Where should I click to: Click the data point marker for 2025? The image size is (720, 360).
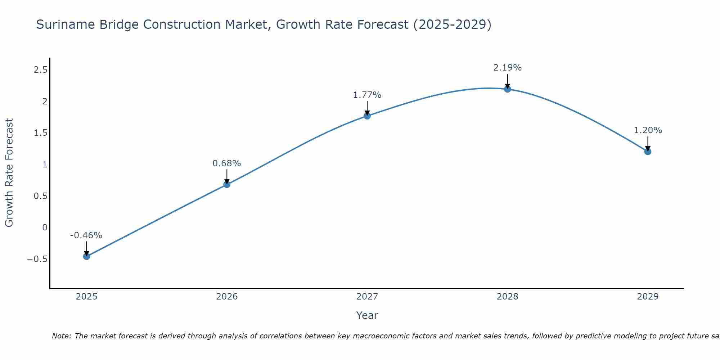pyautogui.click(x=86, y=256)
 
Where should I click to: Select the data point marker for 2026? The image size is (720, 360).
pyautogui.click(x=227, y=184)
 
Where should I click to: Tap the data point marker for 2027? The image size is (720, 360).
pyautogui.click(x=367, y=116)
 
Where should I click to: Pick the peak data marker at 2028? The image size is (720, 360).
pyautogui.click(x=508, y=89)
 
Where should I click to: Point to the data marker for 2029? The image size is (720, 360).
pyautogui.click(x=648, y=152)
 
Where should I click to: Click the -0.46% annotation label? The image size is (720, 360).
pyautogui.click(x=86, y=235)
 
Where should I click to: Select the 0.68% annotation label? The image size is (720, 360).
pyautogui.click(x=226, y=163)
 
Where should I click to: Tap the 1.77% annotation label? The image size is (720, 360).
pyautogui.click(x=367, y=95)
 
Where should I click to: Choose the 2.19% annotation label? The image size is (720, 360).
pyautogui.click(x=507, y=68)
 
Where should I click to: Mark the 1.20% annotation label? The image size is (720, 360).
pyautogui.click(x=648, y=130)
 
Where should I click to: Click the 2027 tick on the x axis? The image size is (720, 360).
pyautogui.click(x=367, y=297)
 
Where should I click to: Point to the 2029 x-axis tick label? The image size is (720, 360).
pyautogui.click(x=648, y=297)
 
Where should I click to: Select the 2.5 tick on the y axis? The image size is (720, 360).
pyautogui.click(x=40, y=70)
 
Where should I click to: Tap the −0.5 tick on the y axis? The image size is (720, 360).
pyautogui.click(x=37, y=259)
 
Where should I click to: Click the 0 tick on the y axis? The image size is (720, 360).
pyautogui.click(x=45, y=228)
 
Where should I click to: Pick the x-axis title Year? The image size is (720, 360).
pyautogui.click(x=367, y=316)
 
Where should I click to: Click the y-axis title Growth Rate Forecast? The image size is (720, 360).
pyautogui.click(x=9, y=173)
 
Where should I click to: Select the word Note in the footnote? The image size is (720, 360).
pyautogui.click(x=61, y=336)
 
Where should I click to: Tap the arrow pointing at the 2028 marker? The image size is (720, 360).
pyautogui.click(x=508, y=81)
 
